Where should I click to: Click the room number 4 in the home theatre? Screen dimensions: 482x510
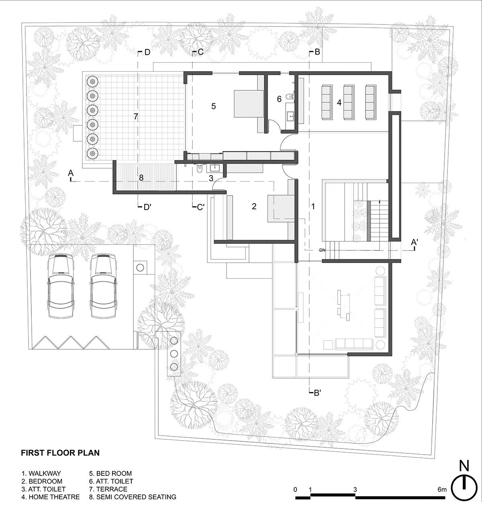(x=339, y=102)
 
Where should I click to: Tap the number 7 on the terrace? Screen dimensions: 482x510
(x=136, y=116)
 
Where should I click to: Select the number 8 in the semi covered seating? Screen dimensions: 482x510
(x=141, y=177)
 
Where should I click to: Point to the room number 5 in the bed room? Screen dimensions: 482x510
(x=214, y=106)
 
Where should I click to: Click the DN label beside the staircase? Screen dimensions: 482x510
(x=322, y=250)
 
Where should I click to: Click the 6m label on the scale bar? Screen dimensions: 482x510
(x=442, y=489)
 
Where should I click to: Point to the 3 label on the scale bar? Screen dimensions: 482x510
(x=355, y=489)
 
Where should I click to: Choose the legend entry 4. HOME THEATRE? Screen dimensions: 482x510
(x=51, y=497)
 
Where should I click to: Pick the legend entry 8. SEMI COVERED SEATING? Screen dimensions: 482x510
(x=133, y=497)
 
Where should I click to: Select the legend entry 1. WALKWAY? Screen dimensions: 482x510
(x=41, y=473)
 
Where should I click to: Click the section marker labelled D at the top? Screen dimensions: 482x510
(x=144, y=52)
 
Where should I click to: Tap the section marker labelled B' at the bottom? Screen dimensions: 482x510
(x=315, y=393)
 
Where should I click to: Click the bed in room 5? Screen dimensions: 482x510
(x=249, y=104)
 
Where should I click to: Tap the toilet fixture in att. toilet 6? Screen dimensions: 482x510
(x=290, y=97)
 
